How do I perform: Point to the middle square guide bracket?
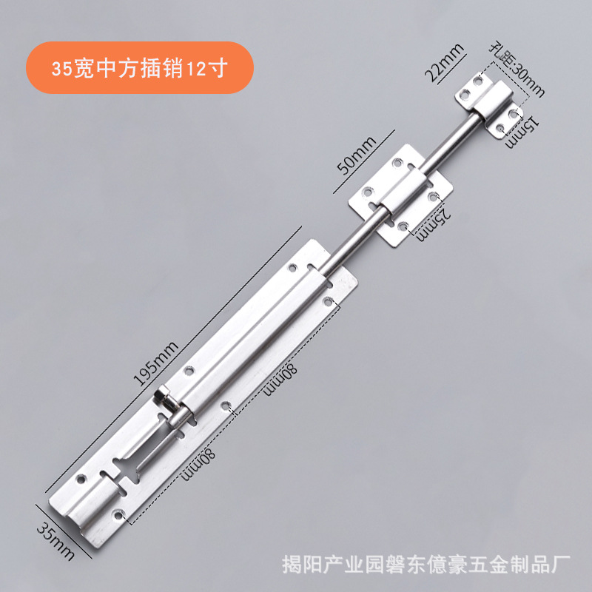[400, 196]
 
